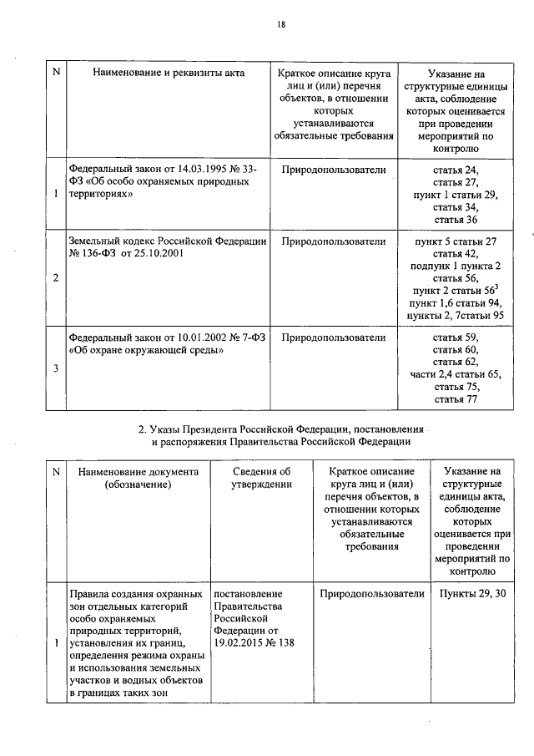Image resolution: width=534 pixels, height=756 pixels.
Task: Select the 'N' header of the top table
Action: click(56, 74)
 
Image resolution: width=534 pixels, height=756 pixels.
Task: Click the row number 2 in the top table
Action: click(56, 277)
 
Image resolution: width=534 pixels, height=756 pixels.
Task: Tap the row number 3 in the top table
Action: click(56, 368)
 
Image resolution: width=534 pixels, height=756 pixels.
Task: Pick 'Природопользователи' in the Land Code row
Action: click(334, 241)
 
